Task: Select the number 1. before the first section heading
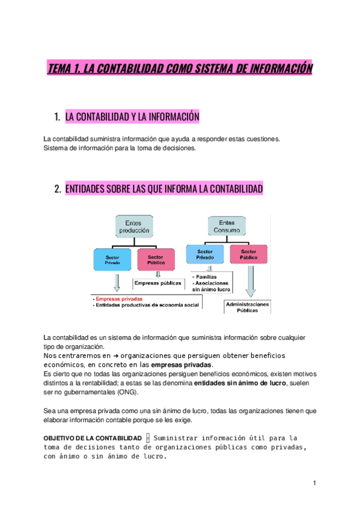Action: pyautogui.click(x=57, y=116)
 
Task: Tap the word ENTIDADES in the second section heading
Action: pyautogui.click(x=90, y=189)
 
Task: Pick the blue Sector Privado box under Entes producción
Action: pyautogui.click(x=112, y=259)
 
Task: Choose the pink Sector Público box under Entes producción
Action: pyautogui.click(x=155, y=259)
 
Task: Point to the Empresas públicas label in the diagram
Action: pyautogui.click(x=157, y=283)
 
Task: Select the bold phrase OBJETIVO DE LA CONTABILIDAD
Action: pyautogui.click(x=93, y=438)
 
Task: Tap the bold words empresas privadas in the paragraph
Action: pyautogui.click(x=181, y=364)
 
